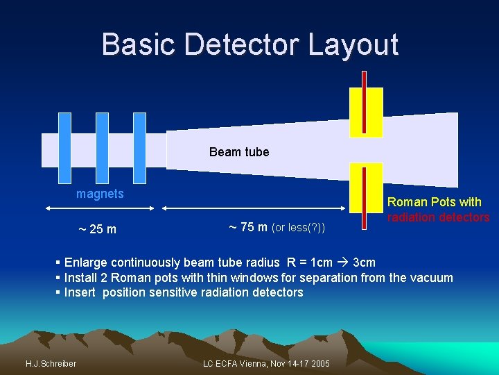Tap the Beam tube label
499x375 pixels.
point(239,151)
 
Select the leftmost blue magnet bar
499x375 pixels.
point(64,149)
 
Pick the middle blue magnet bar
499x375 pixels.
point(102,149)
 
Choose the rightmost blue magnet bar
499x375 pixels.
point(139,149)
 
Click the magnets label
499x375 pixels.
point(100,194)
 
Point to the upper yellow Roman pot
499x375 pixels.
point(366,112)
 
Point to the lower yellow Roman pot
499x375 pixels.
point(366,187)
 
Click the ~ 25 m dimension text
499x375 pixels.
point(96,229)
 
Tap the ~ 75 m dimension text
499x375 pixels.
point(247,226)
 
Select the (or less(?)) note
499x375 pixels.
point(298,227)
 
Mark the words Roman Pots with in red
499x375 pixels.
point(435,202)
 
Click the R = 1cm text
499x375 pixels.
point(305,262)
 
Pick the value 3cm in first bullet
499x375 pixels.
point(364,262)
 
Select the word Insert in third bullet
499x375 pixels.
point(81,292)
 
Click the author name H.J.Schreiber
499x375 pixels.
point(51,364)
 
